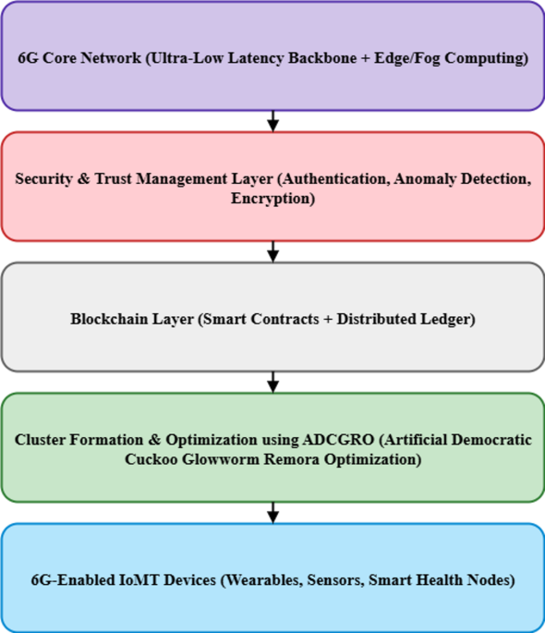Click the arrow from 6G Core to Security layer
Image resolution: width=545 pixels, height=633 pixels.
click(272, 121)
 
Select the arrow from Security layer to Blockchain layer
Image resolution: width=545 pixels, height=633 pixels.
click(272, 251)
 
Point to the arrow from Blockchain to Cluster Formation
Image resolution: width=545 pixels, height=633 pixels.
click(272, 382)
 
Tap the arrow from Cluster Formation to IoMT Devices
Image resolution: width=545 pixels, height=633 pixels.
click(272, 512)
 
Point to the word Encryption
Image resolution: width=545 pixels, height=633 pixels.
click(272, 197)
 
